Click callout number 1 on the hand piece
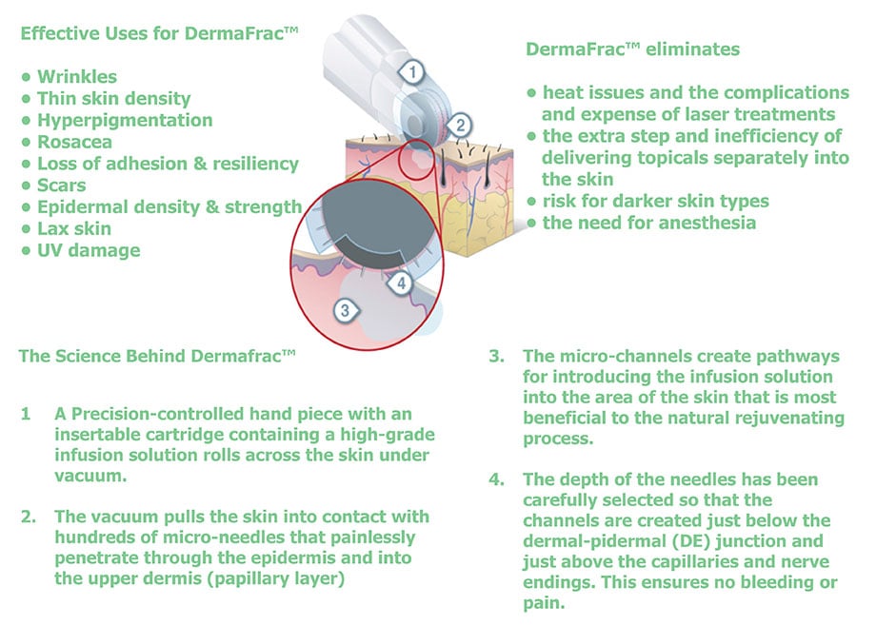(x=412, y=72)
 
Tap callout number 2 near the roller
(x=460, y=125)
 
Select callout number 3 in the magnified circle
(x=345, y=310)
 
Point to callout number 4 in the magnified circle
(x=401, y=283)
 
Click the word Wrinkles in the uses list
(x=77, y=76)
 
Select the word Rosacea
(x=74, y=142)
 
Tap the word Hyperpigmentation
(x=125, y=120)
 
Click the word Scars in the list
(x=62, y=186)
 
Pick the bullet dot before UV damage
(x=26, y=250)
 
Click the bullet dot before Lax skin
(x=26, y=229)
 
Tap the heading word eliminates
(x=692, y=49)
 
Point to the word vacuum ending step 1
(x=90, y=476)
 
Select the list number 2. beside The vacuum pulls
(x=29, y=517)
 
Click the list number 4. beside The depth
(x=497, y=479)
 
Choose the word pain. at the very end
(x=544, y=603)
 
